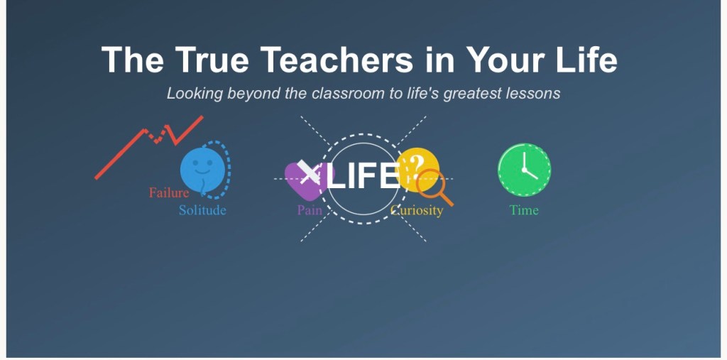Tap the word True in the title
[x=212, y=60]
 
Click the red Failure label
[x=169, y=192]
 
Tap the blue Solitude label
[x=202, y=210]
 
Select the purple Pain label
[x=310, y=210]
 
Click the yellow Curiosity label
[x=417, y=211]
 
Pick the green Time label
[x=524, y=210]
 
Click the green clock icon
[x=525, y=170]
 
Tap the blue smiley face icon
[x=202, y=170]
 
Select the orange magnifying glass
[x=434, y=187]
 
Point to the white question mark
[x=416, y=166]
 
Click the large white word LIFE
[x=363, y=175]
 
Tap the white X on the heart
[x=308, y=172]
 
